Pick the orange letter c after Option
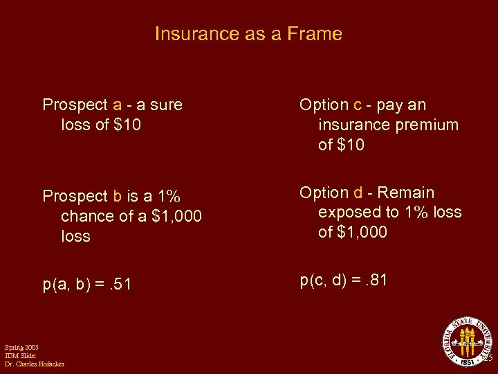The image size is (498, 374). point(358,105)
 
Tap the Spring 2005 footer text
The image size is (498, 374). point(21,347)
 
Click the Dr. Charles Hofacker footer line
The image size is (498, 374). point(34,364)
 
